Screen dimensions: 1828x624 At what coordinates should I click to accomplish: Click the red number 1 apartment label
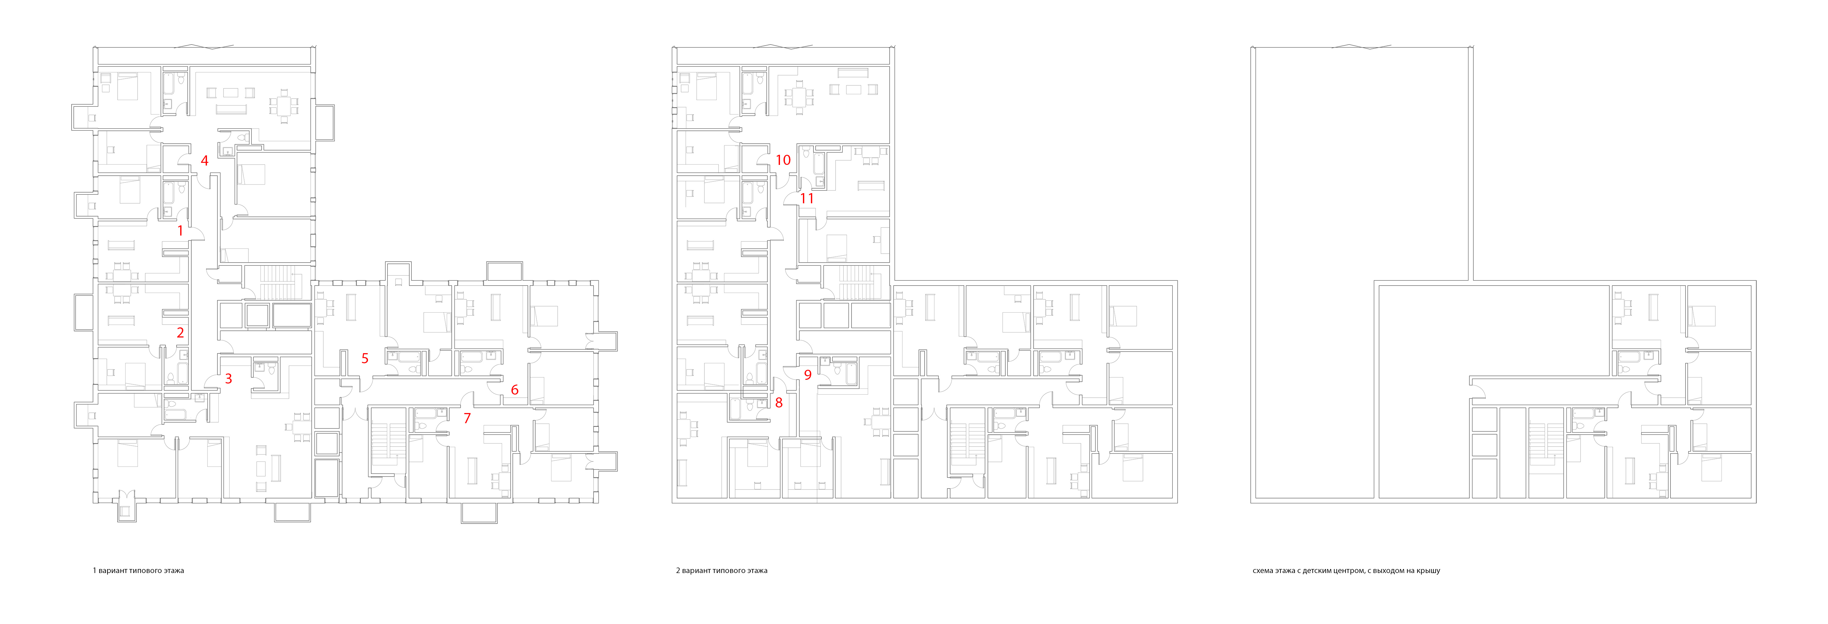pos(180,231)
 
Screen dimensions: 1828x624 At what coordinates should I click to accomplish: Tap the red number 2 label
pos(180,332)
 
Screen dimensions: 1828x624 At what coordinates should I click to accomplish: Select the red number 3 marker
pos(228,378)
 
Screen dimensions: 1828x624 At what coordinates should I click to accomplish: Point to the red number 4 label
pos(205,160)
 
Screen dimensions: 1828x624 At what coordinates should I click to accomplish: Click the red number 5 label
pos(365,358)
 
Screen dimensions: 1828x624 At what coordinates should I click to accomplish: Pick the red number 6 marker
pos(514,390)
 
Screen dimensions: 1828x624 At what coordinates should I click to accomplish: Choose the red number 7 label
pos(467,418)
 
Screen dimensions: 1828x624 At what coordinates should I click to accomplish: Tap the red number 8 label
pos(778,403)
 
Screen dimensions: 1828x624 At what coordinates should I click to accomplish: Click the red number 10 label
pos(783,160)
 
